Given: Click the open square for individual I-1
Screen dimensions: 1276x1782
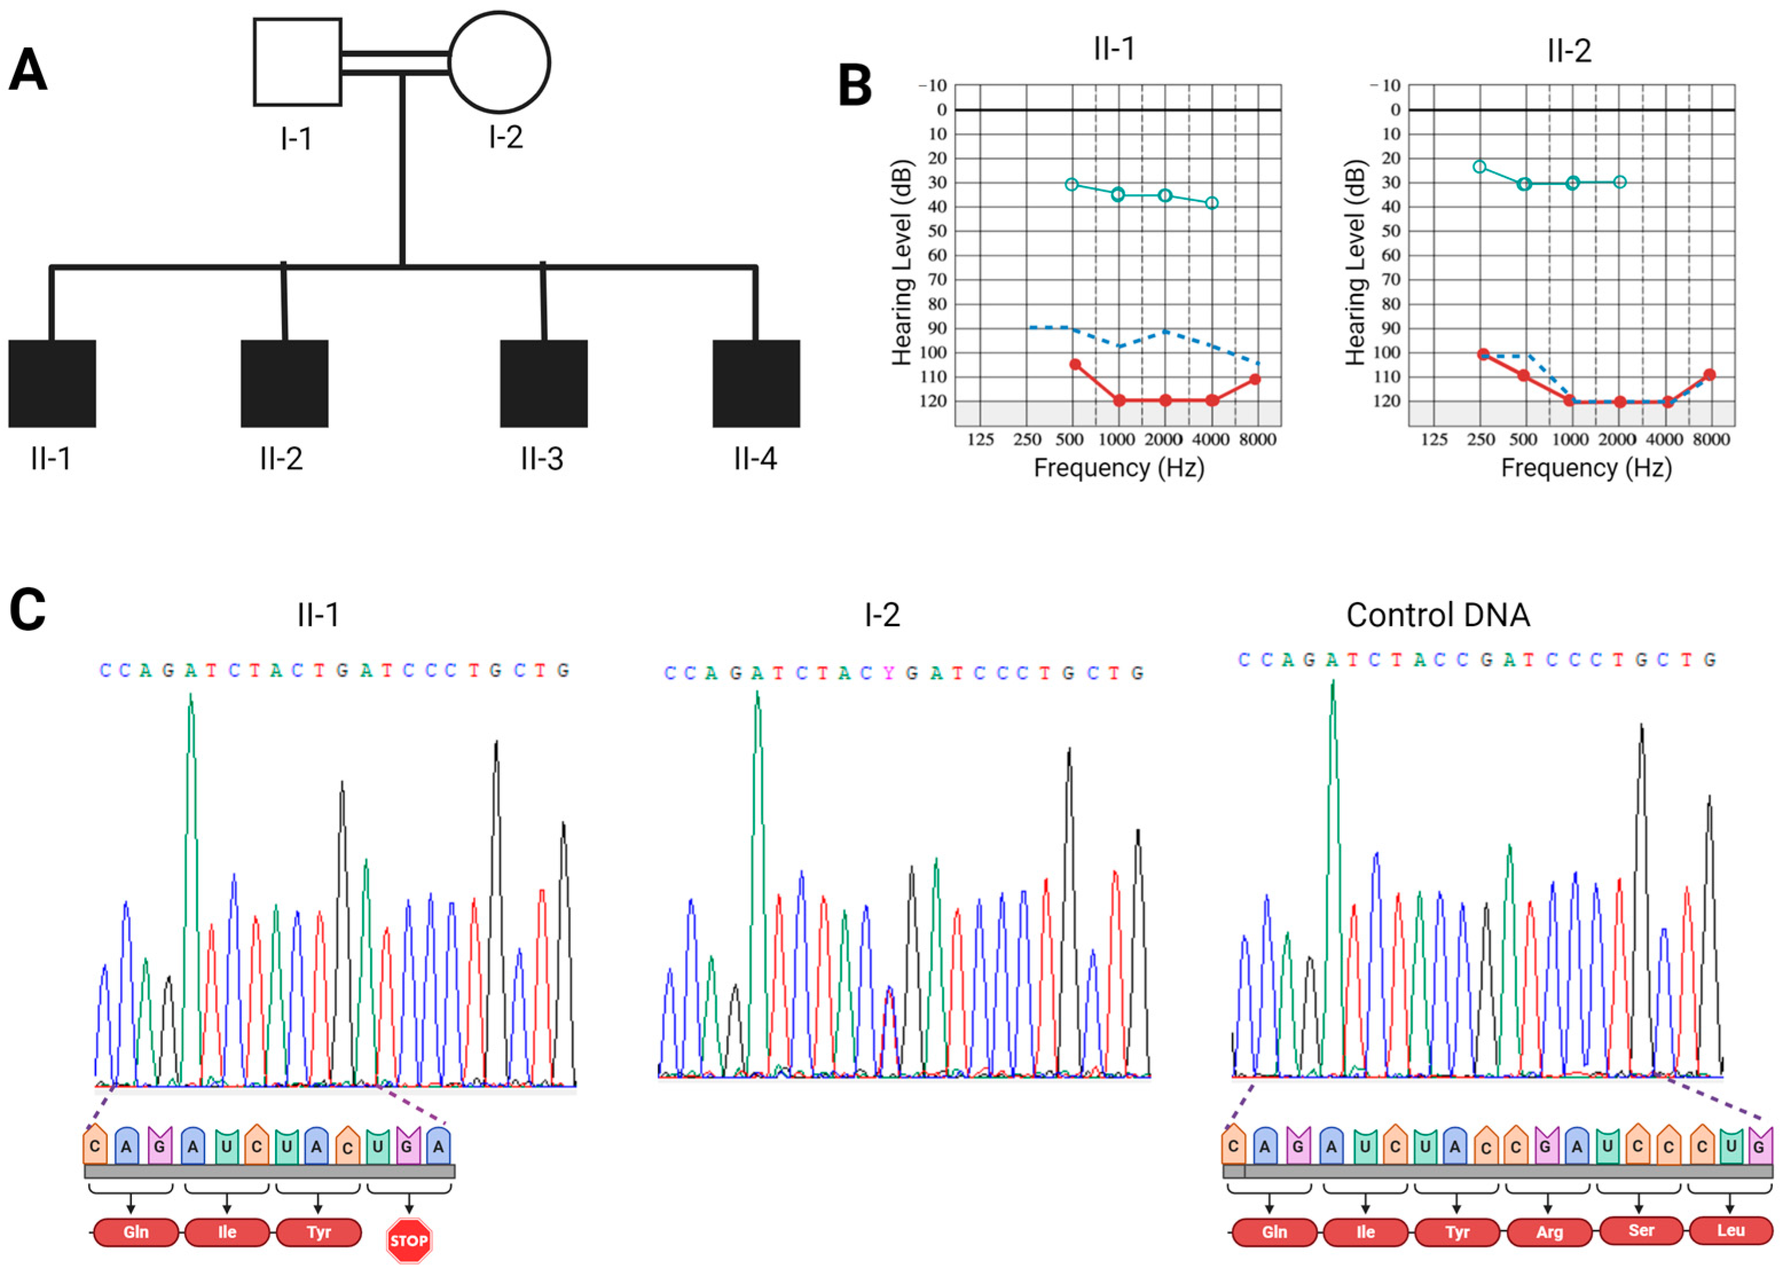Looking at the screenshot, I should (x=297, y=62).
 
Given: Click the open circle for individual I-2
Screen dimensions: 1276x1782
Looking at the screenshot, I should (x=499, y=62).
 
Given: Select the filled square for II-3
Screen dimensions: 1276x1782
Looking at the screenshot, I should (x=544, y=383).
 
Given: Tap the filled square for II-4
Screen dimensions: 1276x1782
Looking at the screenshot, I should (x=756, y=383).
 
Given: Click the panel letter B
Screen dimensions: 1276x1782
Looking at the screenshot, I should (x=855, y=86).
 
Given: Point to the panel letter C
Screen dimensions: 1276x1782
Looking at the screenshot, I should (x=27, y=610).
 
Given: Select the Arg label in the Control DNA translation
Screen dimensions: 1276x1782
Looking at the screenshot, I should (x=1549, y=1232).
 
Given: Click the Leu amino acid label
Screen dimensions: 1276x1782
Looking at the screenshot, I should (x=1731, y=1230).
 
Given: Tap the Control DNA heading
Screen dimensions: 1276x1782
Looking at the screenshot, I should (x=1438, y=615).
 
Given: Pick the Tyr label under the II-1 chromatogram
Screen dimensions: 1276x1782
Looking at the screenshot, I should (x=318, y=1232).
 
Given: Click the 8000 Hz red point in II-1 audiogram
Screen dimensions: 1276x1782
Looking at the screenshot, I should (x=1255, y=380).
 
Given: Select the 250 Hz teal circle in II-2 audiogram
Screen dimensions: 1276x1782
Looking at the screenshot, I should (x=1480, y=167).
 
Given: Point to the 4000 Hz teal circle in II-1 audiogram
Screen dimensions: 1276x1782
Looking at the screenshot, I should (x=1211, y=203).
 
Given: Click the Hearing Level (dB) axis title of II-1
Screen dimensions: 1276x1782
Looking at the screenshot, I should (x=902, y=263).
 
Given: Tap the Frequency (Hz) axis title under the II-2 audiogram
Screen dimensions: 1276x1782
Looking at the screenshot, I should (x=1586, y=468).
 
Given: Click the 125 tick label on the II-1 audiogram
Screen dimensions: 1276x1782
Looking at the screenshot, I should (x=980, y=440).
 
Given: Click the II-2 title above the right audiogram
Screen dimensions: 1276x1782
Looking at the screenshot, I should (x=1568, y=51).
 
